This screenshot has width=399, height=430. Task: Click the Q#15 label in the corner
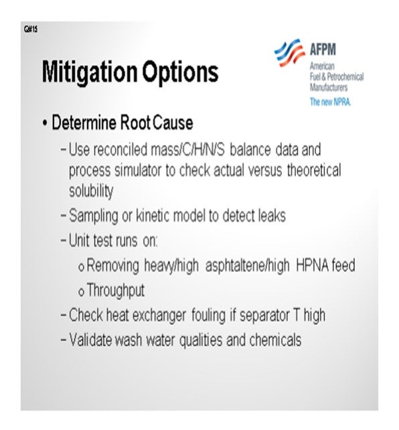point(31,29)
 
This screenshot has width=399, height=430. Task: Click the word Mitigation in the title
point(90,72)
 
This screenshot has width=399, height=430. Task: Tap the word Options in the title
point(180,72)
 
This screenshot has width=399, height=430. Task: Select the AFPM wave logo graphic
point(290,53)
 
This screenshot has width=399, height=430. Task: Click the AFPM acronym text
point(323,50)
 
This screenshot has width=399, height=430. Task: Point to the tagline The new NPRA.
point(330,102)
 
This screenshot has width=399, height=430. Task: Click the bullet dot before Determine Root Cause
point(45,123)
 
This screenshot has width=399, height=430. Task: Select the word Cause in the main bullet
point(173,123)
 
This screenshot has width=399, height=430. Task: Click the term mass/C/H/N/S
point(187,150)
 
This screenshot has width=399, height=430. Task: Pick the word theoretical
point(314,170)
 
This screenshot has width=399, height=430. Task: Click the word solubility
point(91,191)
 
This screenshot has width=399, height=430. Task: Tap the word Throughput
point(116,291)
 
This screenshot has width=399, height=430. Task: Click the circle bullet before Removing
point(81,267)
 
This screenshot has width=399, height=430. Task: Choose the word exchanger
point(159,315)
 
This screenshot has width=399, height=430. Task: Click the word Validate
point(90,340)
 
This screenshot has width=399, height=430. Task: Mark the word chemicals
point(275,340)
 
